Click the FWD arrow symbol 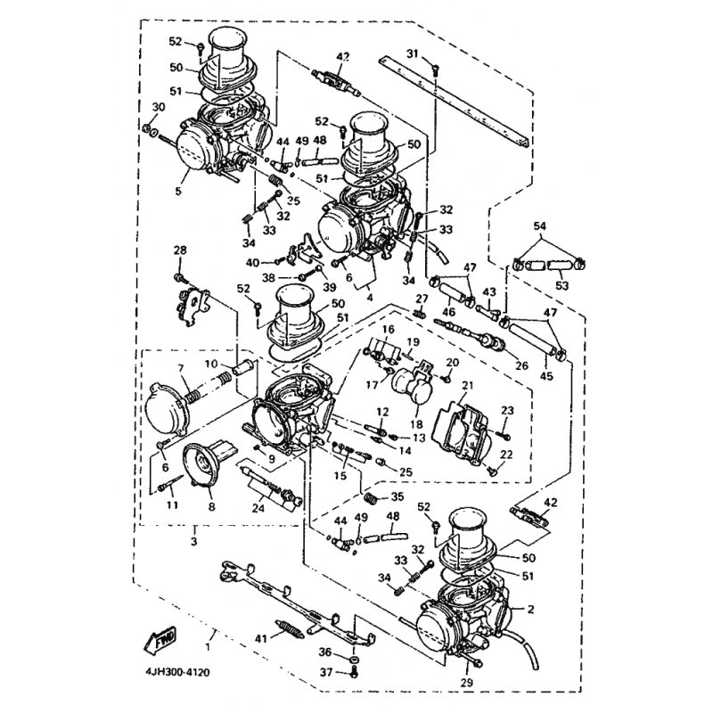pyautogui.click(x=160, y=641)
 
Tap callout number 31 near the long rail pyautogui.click(x=412, y=54)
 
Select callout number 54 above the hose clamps pyautogui.click(x=540, y=226)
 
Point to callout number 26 pyautogui.click(x=521, y=365)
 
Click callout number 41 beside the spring pyautogui.click(x=260, y=639)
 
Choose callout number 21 pyautogui.click(x=467, y=386)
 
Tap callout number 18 pyautogui.click(x=416, y=425)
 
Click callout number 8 pyautogui.click(x=211, y=505)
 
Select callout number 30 pyautogui.click(x=159, y=107)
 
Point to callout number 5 pyautogui.click(x=177, y=191)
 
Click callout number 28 pyautogui.click(x=180, y=250)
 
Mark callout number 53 pyautogui.click(x=562, y=286)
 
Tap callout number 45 pyautogui.click(x=546, y=376)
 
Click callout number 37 pyautogui.click(x=326, y=672)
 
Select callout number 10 pyautogui.click(x=211, y=365)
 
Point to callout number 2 pyautogui.click(x=530, y=610)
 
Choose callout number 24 pyautogui.click(x=258, y=507)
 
